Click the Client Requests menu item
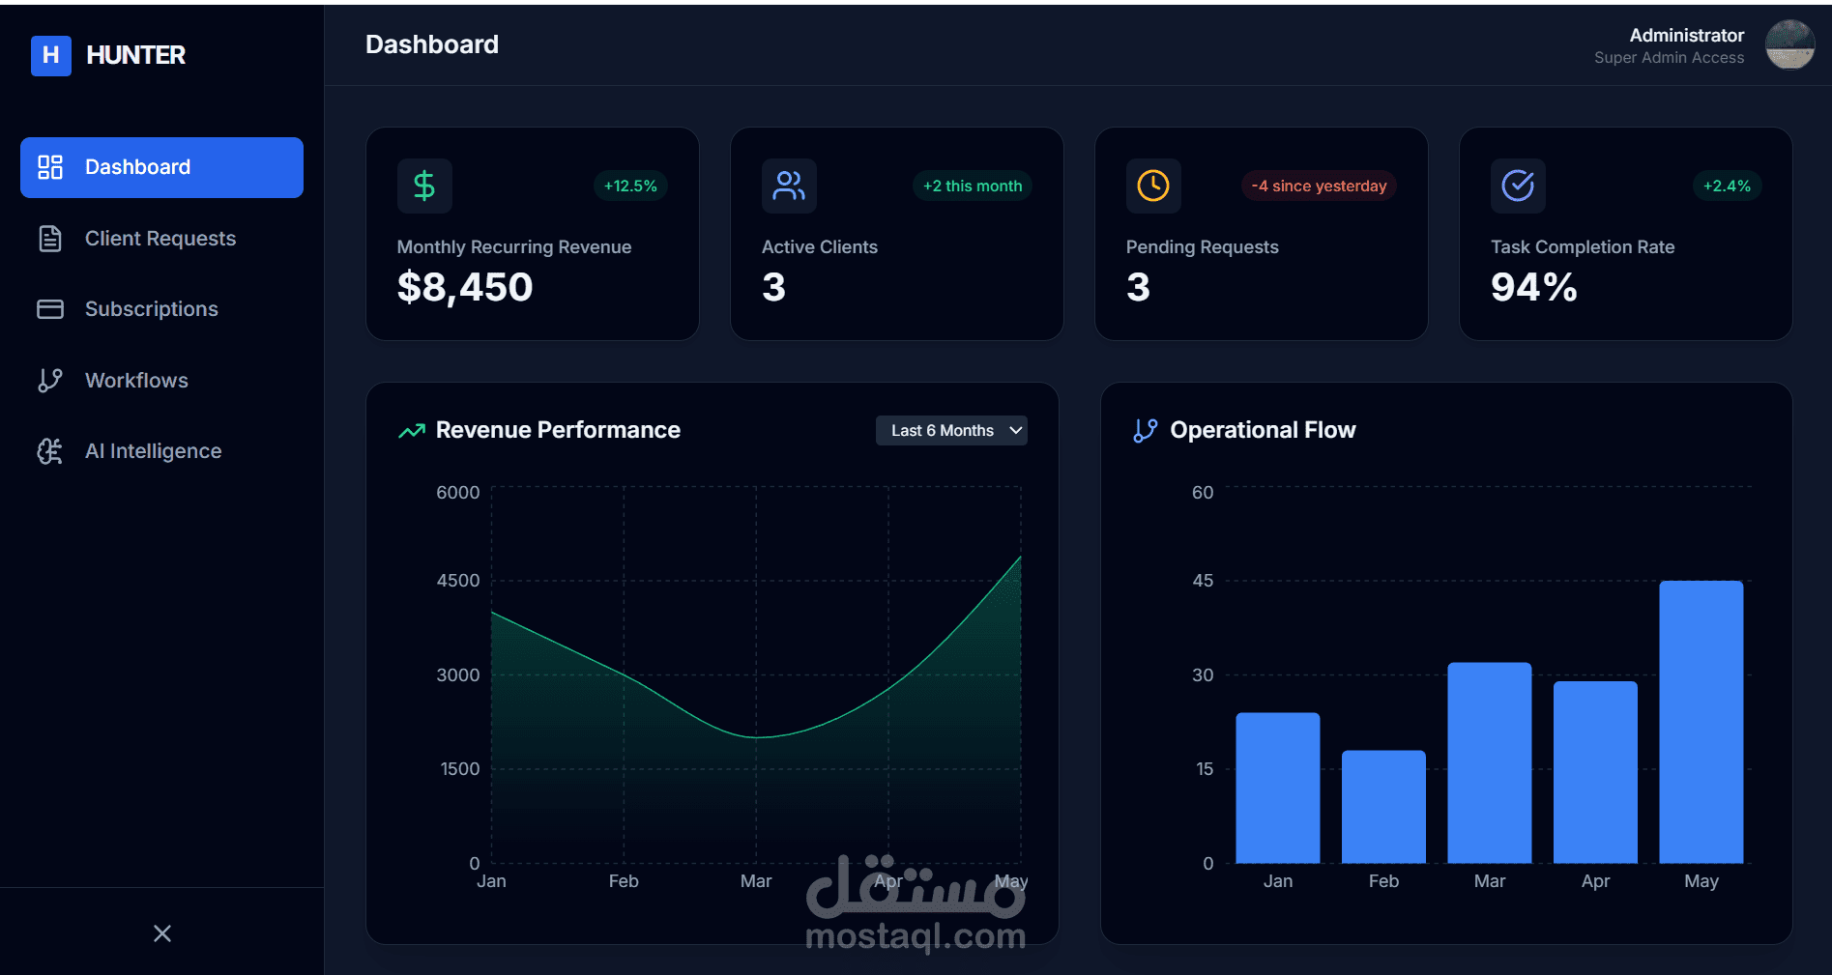pos(160,239)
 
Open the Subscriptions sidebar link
pos(151,309)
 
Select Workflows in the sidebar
pos(136,381)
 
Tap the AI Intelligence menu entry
pos(153,451)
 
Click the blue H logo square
pos(51,56)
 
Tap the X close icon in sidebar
pos(162,933)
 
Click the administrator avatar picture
pos(1789,44)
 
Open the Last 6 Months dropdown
pos(951,431)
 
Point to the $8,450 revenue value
pos(465,287)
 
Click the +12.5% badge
pos(630,186)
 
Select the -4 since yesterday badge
pos(1319,186)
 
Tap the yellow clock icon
pos(1153,186)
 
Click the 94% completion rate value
pos(1533,287)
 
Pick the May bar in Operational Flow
pos(1701,722)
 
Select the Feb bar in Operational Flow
pos(1383,807)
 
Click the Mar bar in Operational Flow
pos(1489,762)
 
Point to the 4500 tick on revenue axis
pos(457,581)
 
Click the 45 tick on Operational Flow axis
pos(1203,581)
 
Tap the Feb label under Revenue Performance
pos(624,881)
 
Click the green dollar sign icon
pos(424,186)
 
